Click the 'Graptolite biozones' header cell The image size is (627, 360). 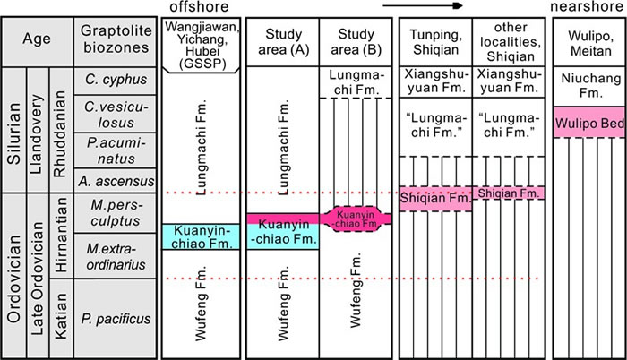[110, 40]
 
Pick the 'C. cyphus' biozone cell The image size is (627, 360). [110, 81]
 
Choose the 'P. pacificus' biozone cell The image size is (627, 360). [110, 318]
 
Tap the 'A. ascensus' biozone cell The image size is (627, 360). [110, 181]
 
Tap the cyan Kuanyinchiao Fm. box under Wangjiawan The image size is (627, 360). [199, 236]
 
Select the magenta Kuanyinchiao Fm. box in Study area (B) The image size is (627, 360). [356, 218]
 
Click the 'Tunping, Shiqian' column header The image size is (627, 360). [435, 40]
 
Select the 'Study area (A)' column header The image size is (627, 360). [282, 40]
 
